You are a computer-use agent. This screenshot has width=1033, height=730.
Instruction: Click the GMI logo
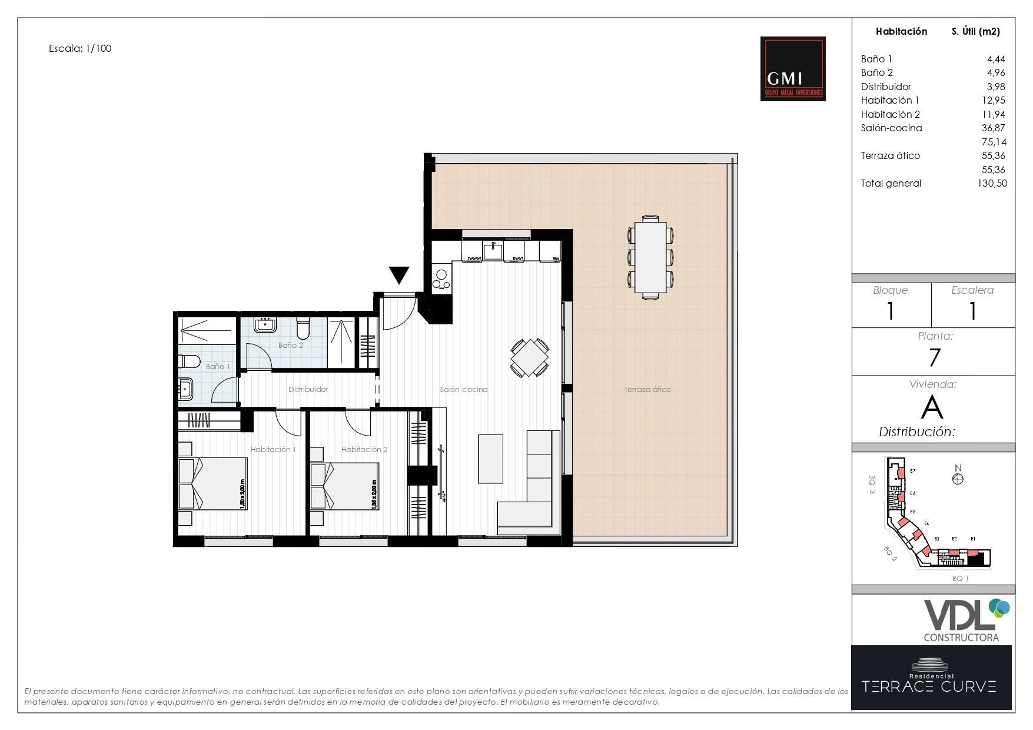792,69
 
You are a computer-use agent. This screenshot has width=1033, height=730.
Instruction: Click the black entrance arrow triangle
398,274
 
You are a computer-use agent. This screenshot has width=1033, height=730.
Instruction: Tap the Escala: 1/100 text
80,48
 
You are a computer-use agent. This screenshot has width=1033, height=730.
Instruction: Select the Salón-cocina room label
463,389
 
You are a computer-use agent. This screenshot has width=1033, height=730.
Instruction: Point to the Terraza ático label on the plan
647,389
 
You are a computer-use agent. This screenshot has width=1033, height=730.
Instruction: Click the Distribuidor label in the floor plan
307,389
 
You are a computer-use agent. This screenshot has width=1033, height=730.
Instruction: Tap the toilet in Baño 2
303,327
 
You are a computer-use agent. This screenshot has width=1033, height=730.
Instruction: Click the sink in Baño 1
186,389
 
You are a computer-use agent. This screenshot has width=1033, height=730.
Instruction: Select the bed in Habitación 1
212,484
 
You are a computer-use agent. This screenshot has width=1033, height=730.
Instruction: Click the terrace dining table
650,257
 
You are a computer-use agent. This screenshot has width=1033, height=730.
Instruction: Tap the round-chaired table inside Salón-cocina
530,357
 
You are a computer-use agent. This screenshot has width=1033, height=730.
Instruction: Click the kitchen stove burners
440,277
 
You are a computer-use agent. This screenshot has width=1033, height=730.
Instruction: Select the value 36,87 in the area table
993,128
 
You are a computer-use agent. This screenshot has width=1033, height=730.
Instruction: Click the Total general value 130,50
992,183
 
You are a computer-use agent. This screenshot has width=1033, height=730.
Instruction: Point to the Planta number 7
934,357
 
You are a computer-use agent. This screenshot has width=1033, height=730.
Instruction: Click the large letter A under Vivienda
932,407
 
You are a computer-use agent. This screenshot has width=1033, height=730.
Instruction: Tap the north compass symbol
958,479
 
